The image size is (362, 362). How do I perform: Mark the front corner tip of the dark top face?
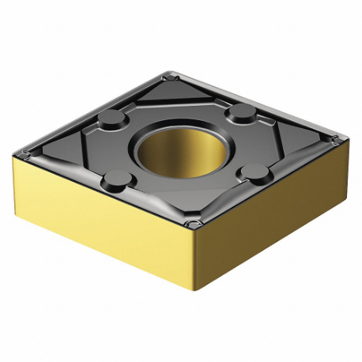tap(190, 225)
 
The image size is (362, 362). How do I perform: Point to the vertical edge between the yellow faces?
tap(192, 261)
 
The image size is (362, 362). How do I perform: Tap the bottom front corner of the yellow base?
tap(194, 298)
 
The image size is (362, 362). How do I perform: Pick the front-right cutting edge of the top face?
tap(265, 183)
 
